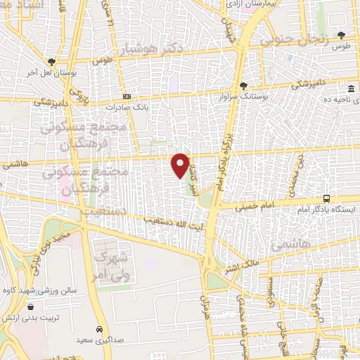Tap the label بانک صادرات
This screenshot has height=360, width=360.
point(124,108)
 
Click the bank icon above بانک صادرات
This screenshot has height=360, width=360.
point(126,96)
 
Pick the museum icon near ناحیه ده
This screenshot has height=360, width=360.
point(351,89)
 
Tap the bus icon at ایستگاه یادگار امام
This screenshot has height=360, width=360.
point(326,200)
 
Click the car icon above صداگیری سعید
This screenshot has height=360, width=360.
point(100,329)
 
